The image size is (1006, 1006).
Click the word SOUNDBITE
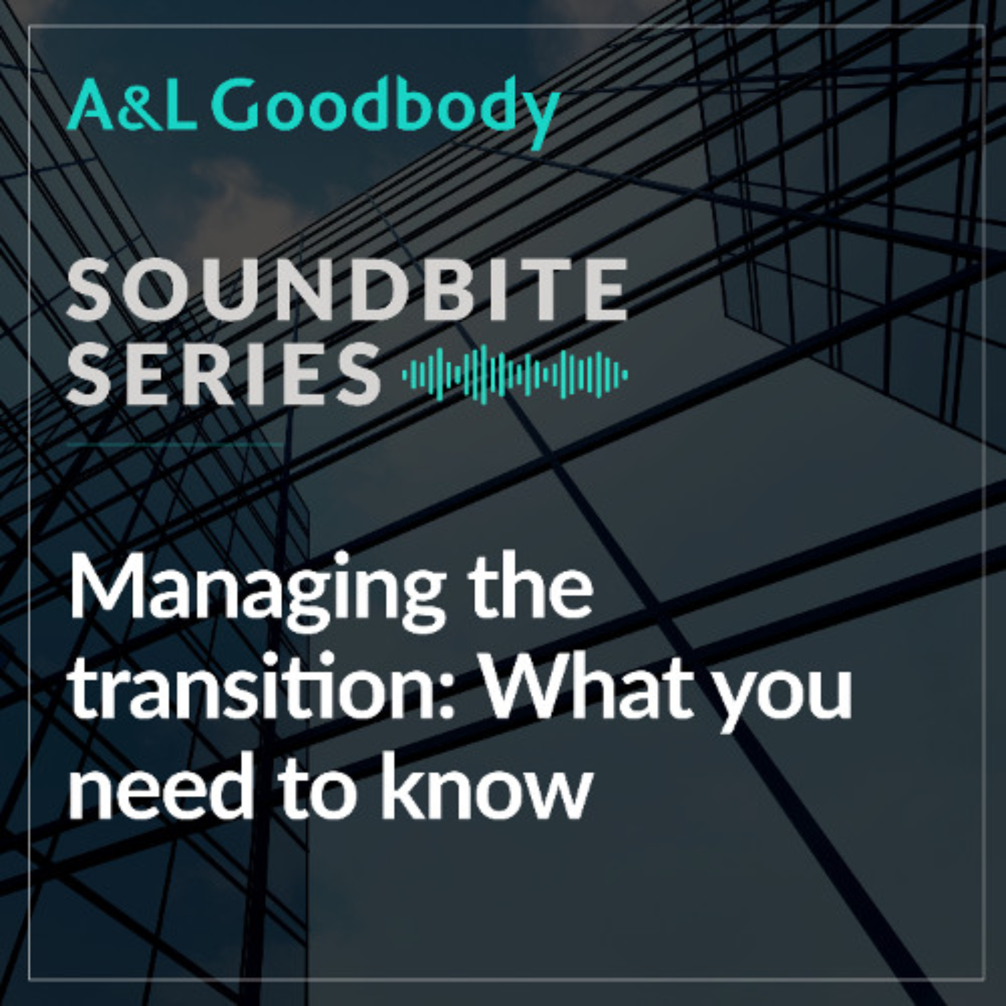tap(347, 290)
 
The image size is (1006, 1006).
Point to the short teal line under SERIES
tap(175, 444)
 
